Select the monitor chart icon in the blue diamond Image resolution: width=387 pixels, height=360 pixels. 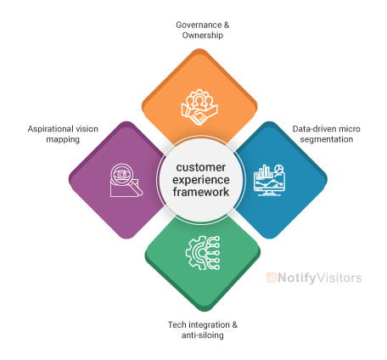(x=271, y=179)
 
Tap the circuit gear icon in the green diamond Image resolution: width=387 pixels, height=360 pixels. (x=202, y=253)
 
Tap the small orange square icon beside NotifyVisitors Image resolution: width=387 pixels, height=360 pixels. (x=272, y=278)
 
